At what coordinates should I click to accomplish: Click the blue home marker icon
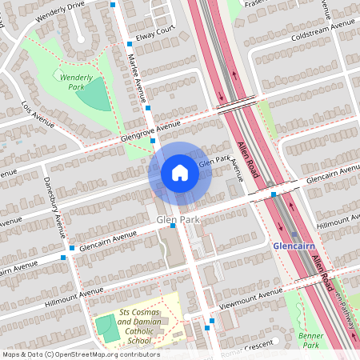point(180,172)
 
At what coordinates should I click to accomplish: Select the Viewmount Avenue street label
point(249,295)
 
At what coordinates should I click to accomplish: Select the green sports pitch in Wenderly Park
point(94,95)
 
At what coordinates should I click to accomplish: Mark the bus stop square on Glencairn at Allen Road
point(274,194)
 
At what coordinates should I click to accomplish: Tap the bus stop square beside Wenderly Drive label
point(114,5)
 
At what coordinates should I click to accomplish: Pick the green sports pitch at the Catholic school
point(104,329)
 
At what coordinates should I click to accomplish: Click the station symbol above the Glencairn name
point(294,234)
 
